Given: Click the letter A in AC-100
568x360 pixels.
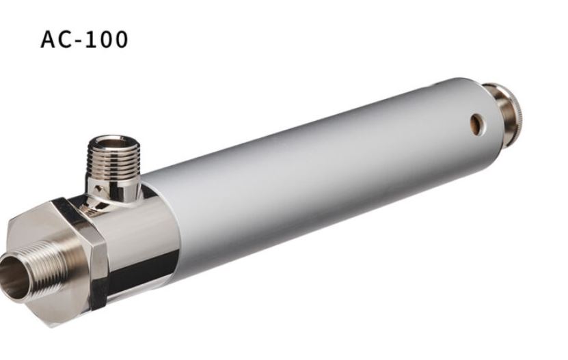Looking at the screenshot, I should (x=49, y=40).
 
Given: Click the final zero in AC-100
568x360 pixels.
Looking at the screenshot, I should (x=120, y=40).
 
